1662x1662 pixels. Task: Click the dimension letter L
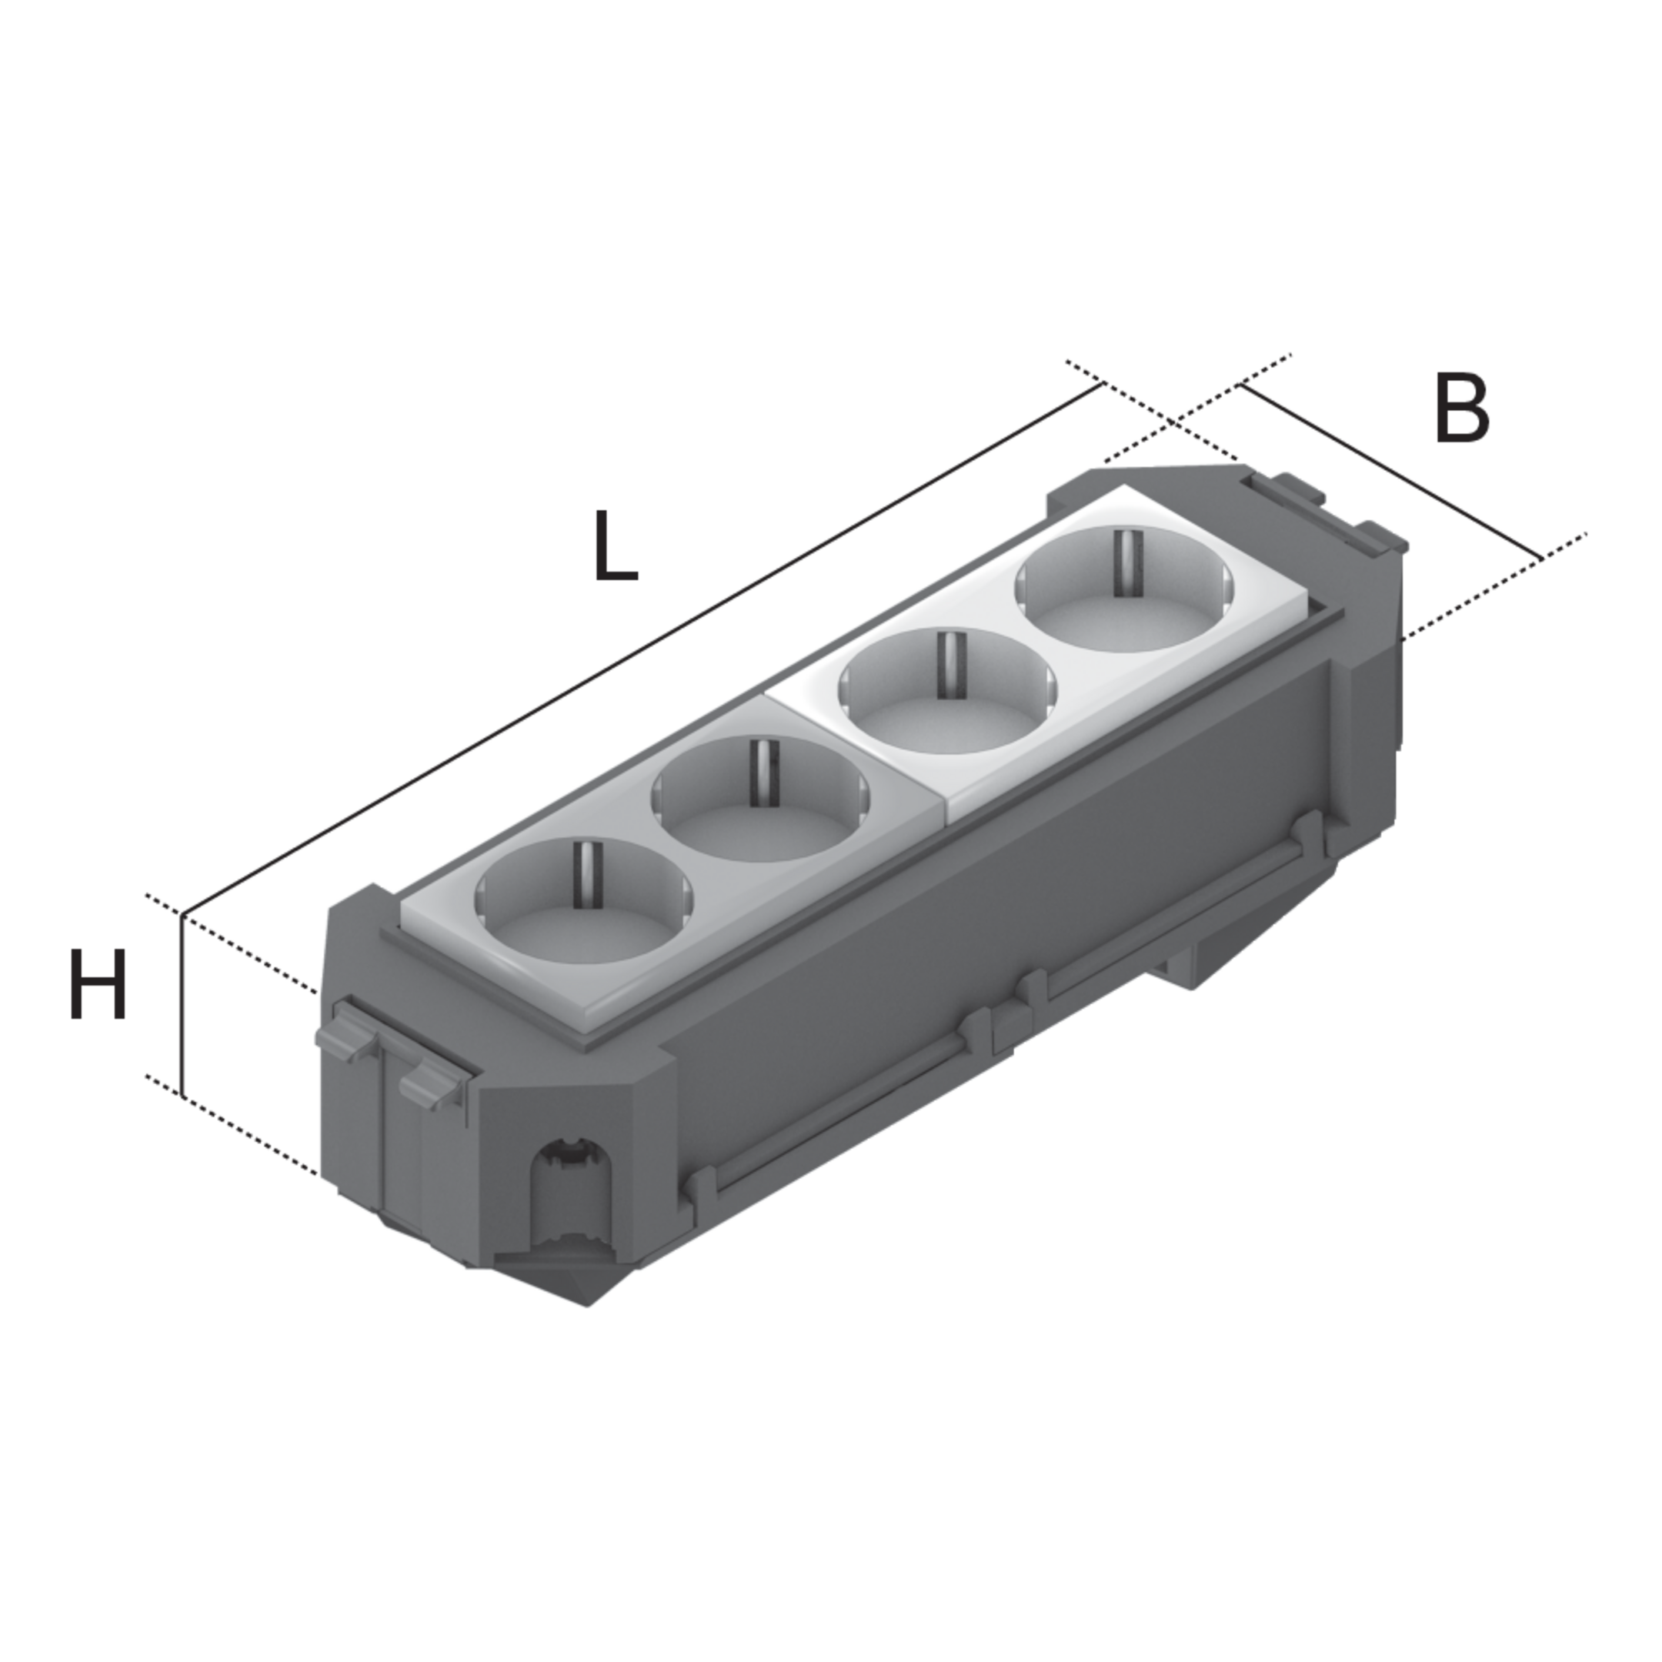click(x=616, y=546)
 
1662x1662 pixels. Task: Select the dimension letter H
click(x=97, y=983)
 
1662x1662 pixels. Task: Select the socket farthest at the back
click(x=1125, y=590)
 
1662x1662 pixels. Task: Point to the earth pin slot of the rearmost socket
click(x=1124, y=564)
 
